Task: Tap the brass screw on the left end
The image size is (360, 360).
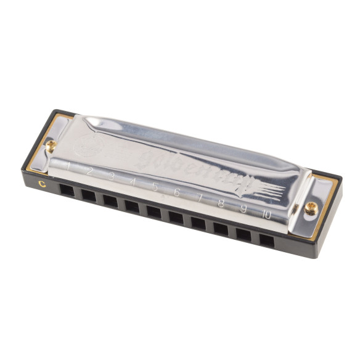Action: coord(51,145)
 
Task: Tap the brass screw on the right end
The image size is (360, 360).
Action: coord(311,208)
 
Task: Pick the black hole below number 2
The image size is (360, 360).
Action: coord(88,195)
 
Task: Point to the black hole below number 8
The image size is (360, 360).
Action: coord(221,229)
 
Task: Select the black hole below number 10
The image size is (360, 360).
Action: coord(266,240)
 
